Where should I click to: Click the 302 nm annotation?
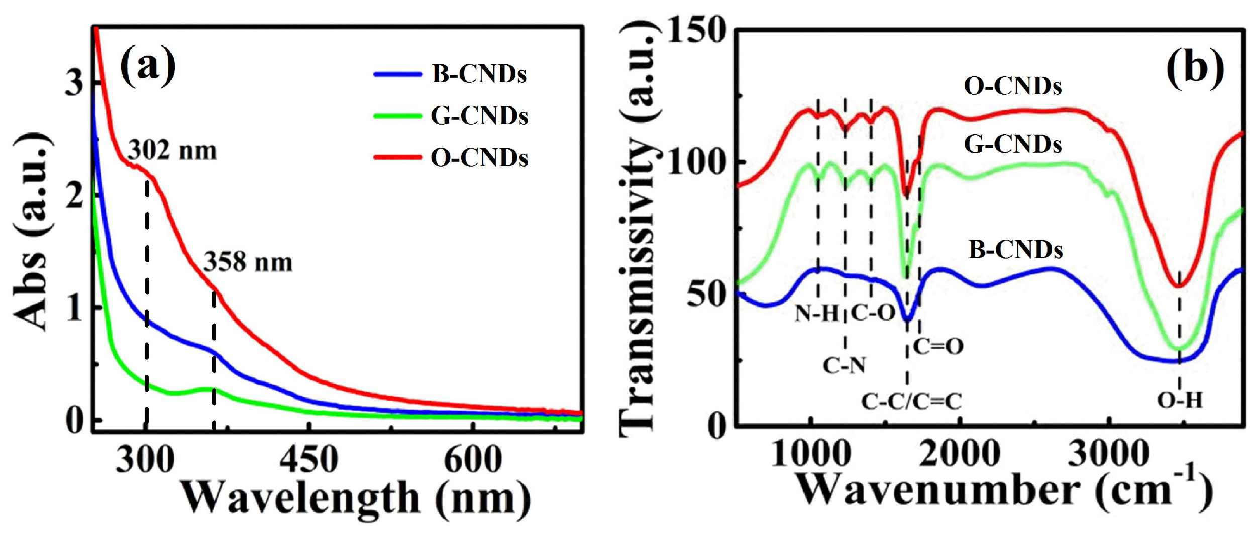click(172, 151)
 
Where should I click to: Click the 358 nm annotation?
click(248, 262)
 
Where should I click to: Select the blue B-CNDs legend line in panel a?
click(397, 75)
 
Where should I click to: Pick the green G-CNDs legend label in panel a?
click(479, 116)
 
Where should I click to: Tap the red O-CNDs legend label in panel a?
click(479, 158)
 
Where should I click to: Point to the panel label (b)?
click(1195, 67)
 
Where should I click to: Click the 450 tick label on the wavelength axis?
click(308, 460)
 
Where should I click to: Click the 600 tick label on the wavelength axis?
click(473, 460)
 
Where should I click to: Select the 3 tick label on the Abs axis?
click(74, 83)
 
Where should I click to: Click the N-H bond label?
click(817, 314)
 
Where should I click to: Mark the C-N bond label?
click(845, 366)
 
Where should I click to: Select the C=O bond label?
click(938, 346)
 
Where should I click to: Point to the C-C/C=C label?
click(911, 401)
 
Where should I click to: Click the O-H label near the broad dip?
click(1180, 400)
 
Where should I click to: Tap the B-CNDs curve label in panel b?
click(1015, 250)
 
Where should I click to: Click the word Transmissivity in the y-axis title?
click(638, 286)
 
